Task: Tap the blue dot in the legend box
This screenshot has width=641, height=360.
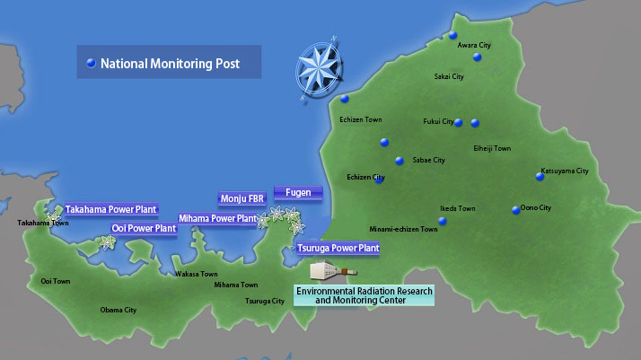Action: coord(90,64)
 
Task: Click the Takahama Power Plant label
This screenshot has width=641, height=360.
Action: coord(110,209)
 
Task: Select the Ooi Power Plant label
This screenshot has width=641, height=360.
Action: coord(144,228)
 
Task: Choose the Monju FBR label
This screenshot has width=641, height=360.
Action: coord(242,198)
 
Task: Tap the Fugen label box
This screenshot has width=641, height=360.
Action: coord(298,192)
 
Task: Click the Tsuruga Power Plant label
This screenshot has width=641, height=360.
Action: coord(338,248)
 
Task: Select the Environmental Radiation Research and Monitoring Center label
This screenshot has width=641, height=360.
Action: coord(364,295)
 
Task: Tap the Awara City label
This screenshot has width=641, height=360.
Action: coord(474,44)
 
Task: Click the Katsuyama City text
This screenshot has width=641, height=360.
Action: coord(565,171)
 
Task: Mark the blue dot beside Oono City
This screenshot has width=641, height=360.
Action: coord(515,210)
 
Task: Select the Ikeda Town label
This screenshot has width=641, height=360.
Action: coord(457,208)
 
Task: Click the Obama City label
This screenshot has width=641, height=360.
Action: coord(118,310)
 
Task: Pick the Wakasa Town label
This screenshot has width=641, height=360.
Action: coord(196,274)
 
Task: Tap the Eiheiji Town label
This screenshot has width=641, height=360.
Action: coord(491,148)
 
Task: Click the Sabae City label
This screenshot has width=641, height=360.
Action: coord(428,160)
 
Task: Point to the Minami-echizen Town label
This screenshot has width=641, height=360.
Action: coord(403,229)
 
